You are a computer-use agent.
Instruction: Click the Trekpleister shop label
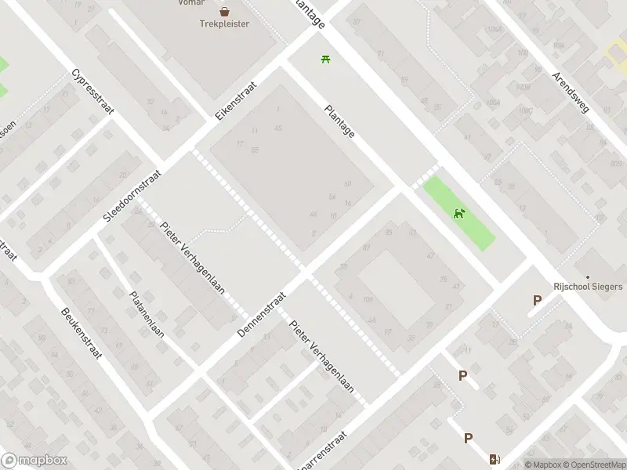point(224,24)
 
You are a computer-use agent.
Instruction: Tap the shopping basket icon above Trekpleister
point(225,12)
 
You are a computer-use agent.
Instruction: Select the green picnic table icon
point(325,58)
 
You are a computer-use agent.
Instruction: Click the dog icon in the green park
point(460,212)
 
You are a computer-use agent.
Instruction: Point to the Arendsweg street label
point(571,92)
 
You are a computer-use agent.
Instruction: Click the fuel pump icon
point(494,460)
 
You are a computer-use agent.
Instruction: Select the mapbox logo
point(34,461)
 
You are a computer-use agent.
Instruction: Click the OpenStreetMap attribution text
point(594,465)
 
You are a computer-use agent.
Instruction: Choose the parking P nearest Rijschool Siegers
point(537,300)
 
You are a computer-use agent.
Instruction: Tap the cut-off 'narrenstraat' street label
point(319,461)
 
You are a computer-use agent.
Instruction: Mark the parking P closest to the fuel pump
point(468,439)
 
